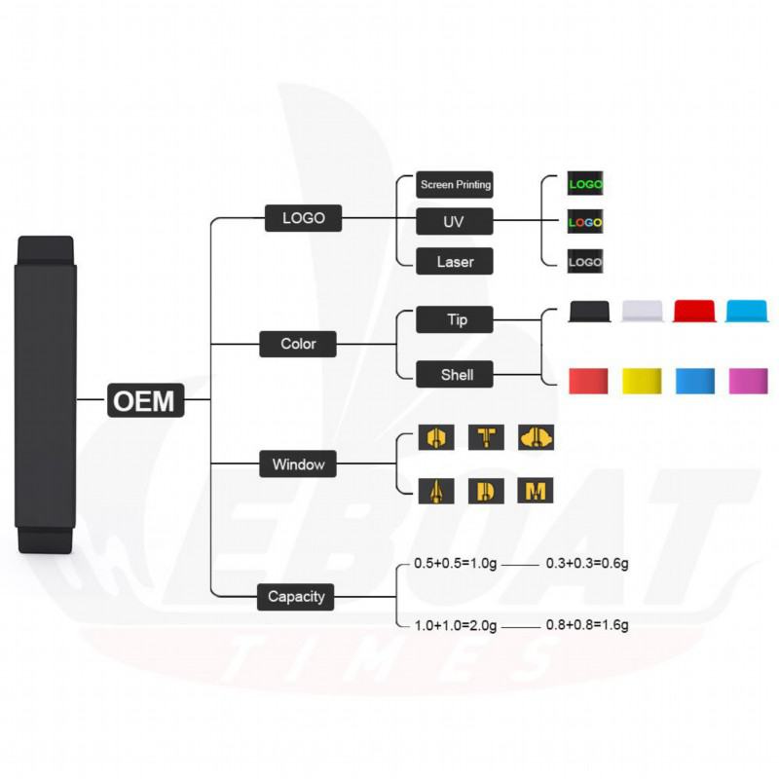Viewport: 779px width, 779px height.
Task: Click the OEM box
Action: (145, 399)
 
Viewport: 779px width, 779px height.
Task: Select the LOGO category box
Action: (303, 218)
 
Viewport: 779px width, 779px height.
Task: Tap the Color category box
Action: (298, 344)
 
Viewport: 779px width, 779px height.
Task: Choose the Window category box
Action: (297, 464)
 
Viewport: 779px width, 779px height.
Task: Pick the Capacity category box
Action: (296, 596)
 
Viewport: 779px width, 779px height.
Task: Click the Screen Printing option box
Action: (455, 183)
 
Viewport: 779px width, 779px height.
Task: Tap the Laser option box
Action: (455, 261)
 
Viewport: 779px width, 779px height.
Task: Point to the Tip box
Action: (456, 319)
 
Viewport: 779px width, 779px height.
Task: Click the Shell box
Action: (456, 374)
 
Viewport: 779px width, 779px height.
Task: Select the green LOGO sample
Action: (585, 183)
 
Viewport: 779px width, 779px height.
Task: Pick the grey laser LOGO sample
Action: (585, 261)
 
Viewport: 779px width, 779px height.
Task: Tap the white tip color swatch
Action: (643, 312)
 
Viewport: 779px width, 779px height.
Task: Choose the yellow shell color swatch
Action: (643, 381)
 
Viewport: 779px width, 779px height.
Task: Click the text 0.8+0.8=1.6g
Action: (587, 625)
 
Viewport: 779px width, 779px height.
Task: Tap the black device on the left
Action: (45, 394)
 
